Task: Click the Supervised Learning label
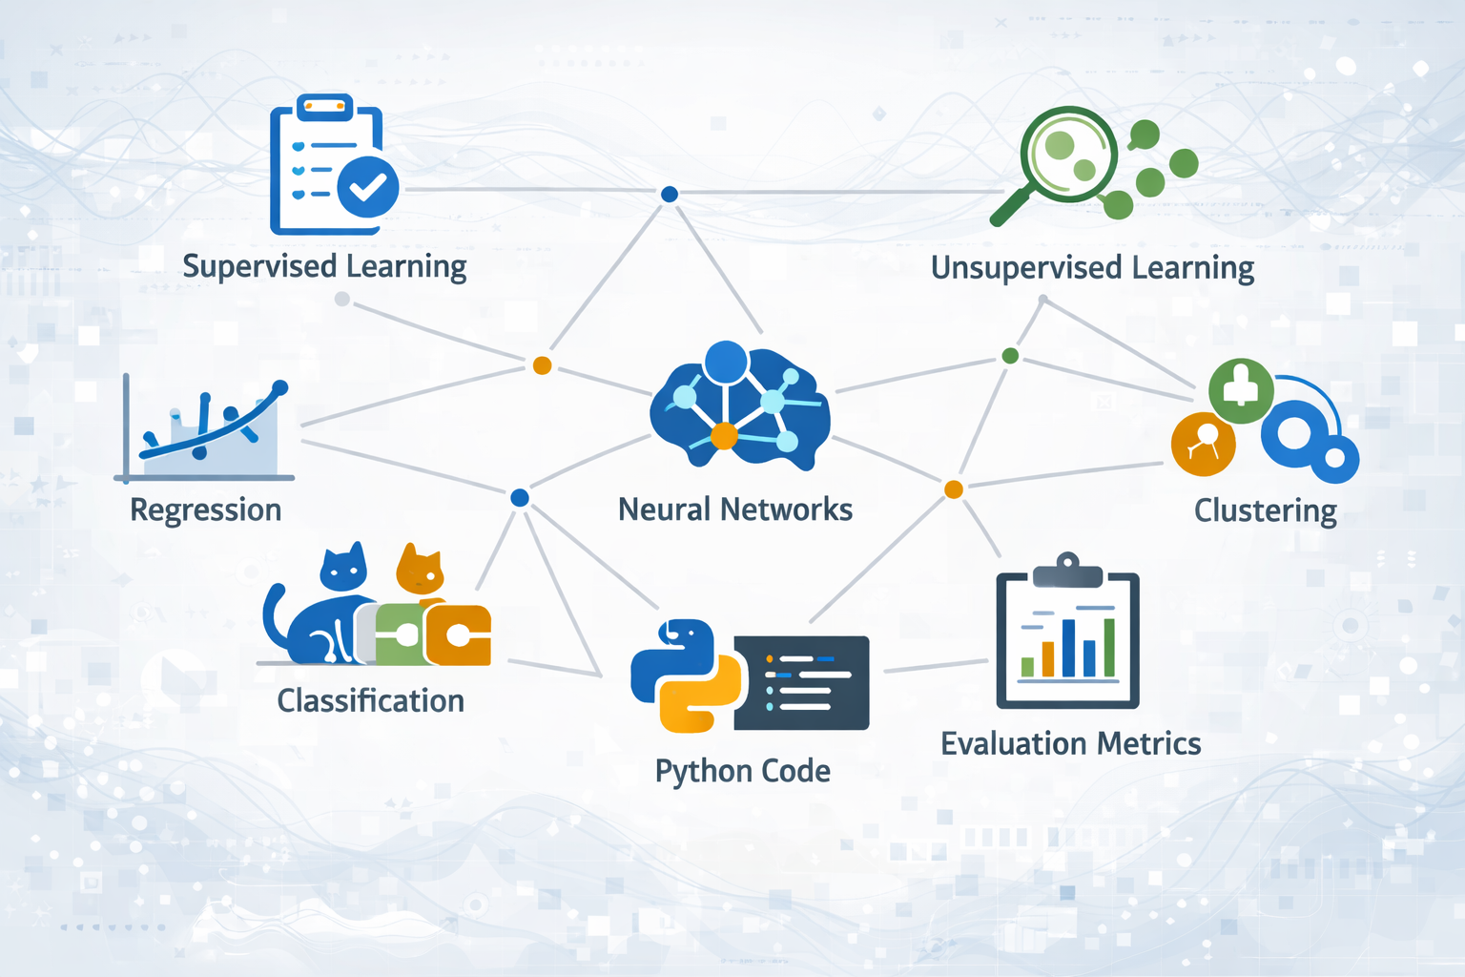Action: pos(324,266)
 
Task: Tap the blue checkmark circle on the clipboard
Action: pos(367,187)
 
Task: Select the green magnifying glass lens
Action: pos(1068,153)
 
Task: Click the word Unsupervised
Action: pos(1025,267)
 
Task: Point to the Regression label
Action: pos(205,509)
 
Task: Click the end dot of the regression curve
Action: pos(280,387)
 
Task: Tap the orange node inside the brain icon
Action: pos(724,436)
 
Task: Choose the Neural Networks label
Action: pos(734,509)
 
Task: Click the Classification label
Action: pos(370,701)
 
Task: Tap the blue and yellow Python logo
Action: pos(685,676)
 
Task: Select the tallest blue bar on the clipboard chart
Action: pos(1068,648)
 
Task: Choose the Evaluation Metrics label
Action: pos(1070,744)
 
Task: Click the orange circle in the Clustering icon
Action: pos(1203,444)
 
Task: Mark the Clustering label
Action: pos(1265,511)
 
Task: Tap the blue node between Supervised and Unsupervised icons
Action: pos(670,195)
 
